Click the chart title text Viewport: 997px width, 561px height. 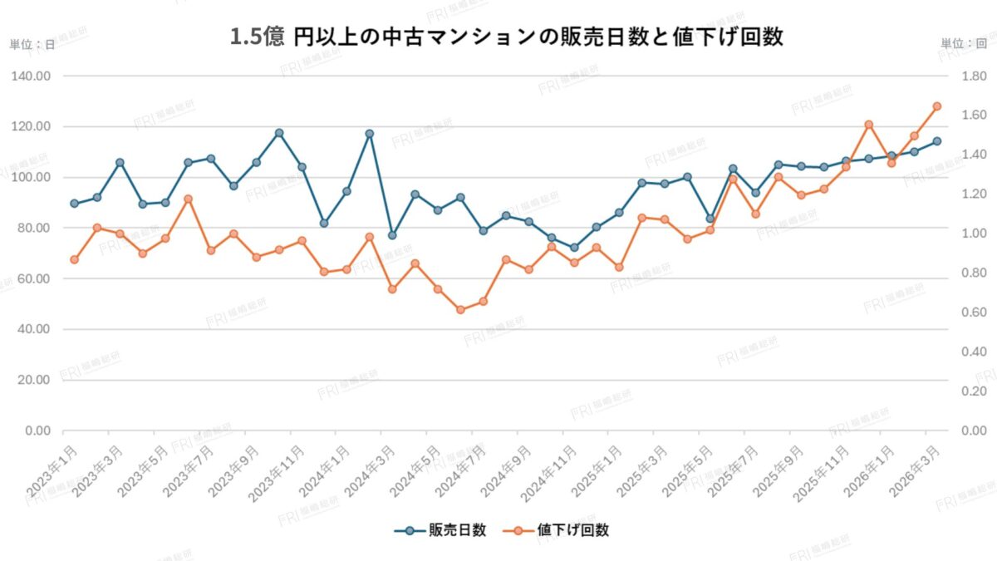(x=507, y=38)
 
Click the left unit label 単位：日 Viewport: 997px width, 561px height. (x=32, y=44)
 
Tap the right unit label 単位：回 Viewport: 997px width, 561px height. (x=964, y=44)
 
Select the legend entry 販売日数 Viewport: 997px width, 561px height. (x=440, y=530)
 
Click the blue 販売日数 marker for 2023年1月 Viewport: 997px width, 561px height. (x=74, y=203)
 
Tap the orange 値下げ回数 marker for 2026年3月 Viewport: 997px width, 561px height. (x=936, y=106)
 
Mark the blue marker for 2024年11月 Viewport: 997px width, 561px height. (x=573, y=248)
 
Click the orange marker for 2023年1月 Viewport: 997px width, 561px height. (x=74, y=259)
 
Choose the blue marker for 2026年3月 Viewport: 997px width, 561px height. (x=936, y=141)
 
